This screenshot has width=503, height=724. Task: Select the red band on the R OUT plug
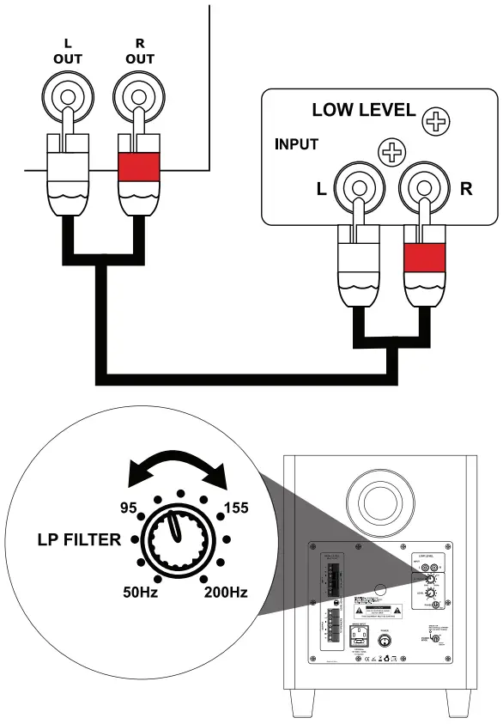point(138,165)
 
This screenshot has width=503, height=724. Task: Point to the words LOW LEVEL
point(363,111)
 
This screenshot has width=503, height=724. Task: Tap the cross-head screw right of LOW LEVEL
point(437,122)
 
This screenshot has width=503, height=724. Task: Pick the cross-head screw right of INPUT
point(392,154)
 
